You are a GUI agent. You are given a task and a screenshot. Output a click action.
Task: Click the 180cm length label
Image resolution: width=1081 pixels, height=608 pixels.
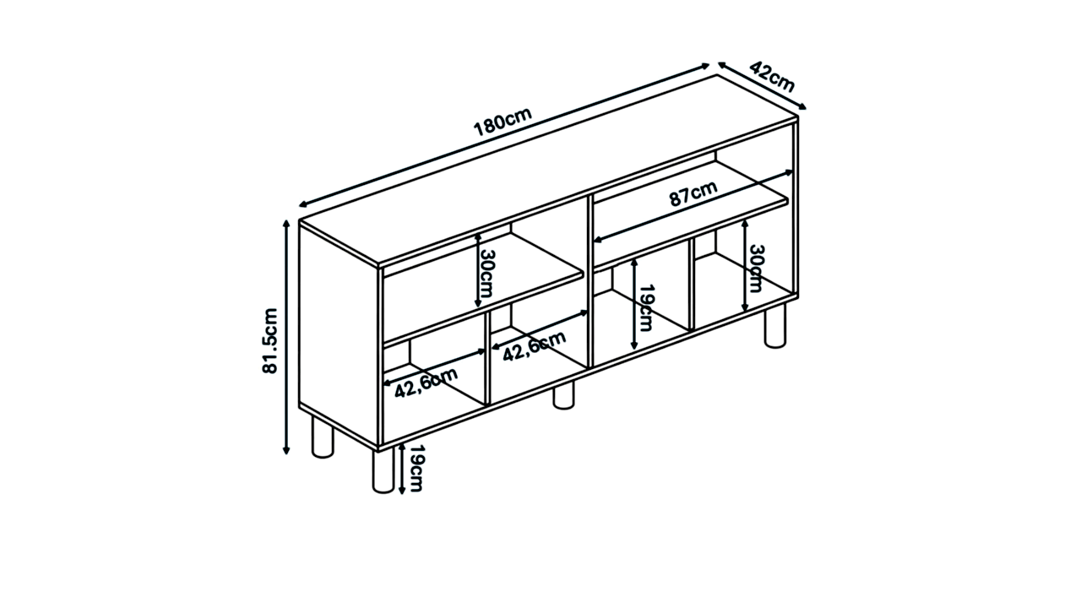[x=502, y=122]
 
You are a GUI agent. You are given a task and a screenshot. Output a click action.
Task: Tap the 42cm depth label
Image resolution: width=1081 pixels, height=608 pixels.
[x=772, y=77]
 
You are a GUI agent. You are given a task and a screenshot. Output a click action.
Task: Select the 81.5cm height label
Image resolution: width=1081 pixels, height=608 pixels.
[x=270, y=340]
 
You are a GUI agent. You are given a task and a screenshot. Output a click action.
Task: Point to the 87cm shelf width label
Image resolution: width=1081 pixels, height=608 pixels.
[x=693, y=193]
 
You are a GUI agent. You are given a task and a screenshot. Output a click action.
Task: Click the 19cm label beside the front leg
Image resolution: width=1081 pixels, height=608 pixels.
[x=416, y=468]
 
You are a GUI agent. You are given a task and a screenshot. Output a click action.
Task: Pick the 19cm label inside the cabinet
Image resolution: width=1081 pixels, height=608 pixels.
[x=646, y=308]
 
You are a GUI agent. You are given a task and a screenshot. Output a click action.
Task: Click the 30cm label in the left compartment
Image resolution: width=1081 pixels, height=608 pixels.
[x=486, y=273]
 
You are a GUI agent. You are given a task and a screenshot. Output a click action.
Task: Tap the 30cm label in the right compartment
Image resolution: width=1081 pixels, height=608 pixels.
[x=756, y=269]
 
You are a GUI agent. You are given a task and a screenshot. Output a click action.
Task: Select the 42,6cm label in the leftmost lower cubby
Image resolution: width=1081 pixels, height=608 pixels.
[x=426, y=383]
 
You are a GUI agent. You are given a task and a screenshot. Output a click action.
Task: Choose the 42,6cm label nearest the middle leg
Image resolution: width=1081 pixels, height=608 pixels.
[x=535, y=346]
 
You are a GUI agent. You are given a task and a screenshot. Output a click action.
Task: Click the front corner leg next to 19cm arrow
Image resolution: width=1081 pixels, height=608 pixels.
[x=383, y=470]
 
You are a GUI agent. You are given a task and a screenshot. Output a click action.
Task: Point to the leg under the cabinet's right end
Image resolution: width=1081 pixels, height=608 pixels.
[x=775, y=326]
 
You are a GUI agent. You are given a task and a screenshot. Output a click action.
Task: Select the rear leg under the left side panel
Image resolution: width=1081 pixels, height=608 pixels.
[x=323, y=437]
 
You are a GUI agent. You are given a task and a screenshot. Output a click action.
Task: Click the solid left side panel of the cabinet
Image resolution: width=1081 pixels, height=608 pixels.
[x=339, y=334]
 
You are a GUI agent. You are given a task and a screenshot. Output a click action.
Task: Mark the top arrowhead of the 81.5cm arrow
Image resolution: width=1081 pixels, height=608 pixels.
[x=286, y=224]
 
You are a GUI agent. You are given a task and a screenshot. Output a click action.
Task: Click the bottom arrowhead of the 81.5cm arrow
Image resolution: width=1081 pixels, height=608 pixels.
[x=286, y=451]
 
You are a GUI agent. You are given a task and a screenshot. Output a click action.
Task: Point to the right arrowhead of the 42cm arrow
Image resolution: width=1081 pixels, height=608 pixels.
[x=802, y=106]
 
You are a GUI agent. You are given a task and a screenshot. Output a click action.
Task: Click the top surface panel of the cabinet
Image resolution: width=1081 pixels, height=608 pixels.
[x=548, y=170]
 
